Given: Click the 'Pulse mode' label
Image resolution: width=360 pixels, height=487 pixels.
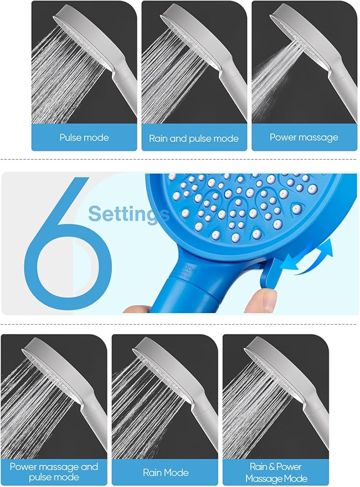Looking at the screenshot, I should [84, 137].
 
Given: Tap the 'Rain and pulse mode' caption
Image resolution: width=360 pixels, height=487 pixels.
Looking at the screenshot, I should [194, 139].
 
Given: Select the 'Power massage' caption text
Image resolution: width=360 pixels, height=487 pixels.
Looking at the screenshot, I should [304, 137].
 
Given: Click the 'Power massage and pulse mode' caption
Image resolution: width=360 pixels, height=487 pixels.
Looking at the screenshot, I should [54, 471].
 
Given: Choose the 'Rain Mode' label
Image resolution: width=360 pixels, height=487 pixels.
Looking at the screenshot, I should [165, 472].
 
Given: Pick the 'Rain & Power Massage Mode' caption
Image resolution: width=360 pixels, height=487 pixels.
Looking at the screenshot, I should [275, 471].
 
